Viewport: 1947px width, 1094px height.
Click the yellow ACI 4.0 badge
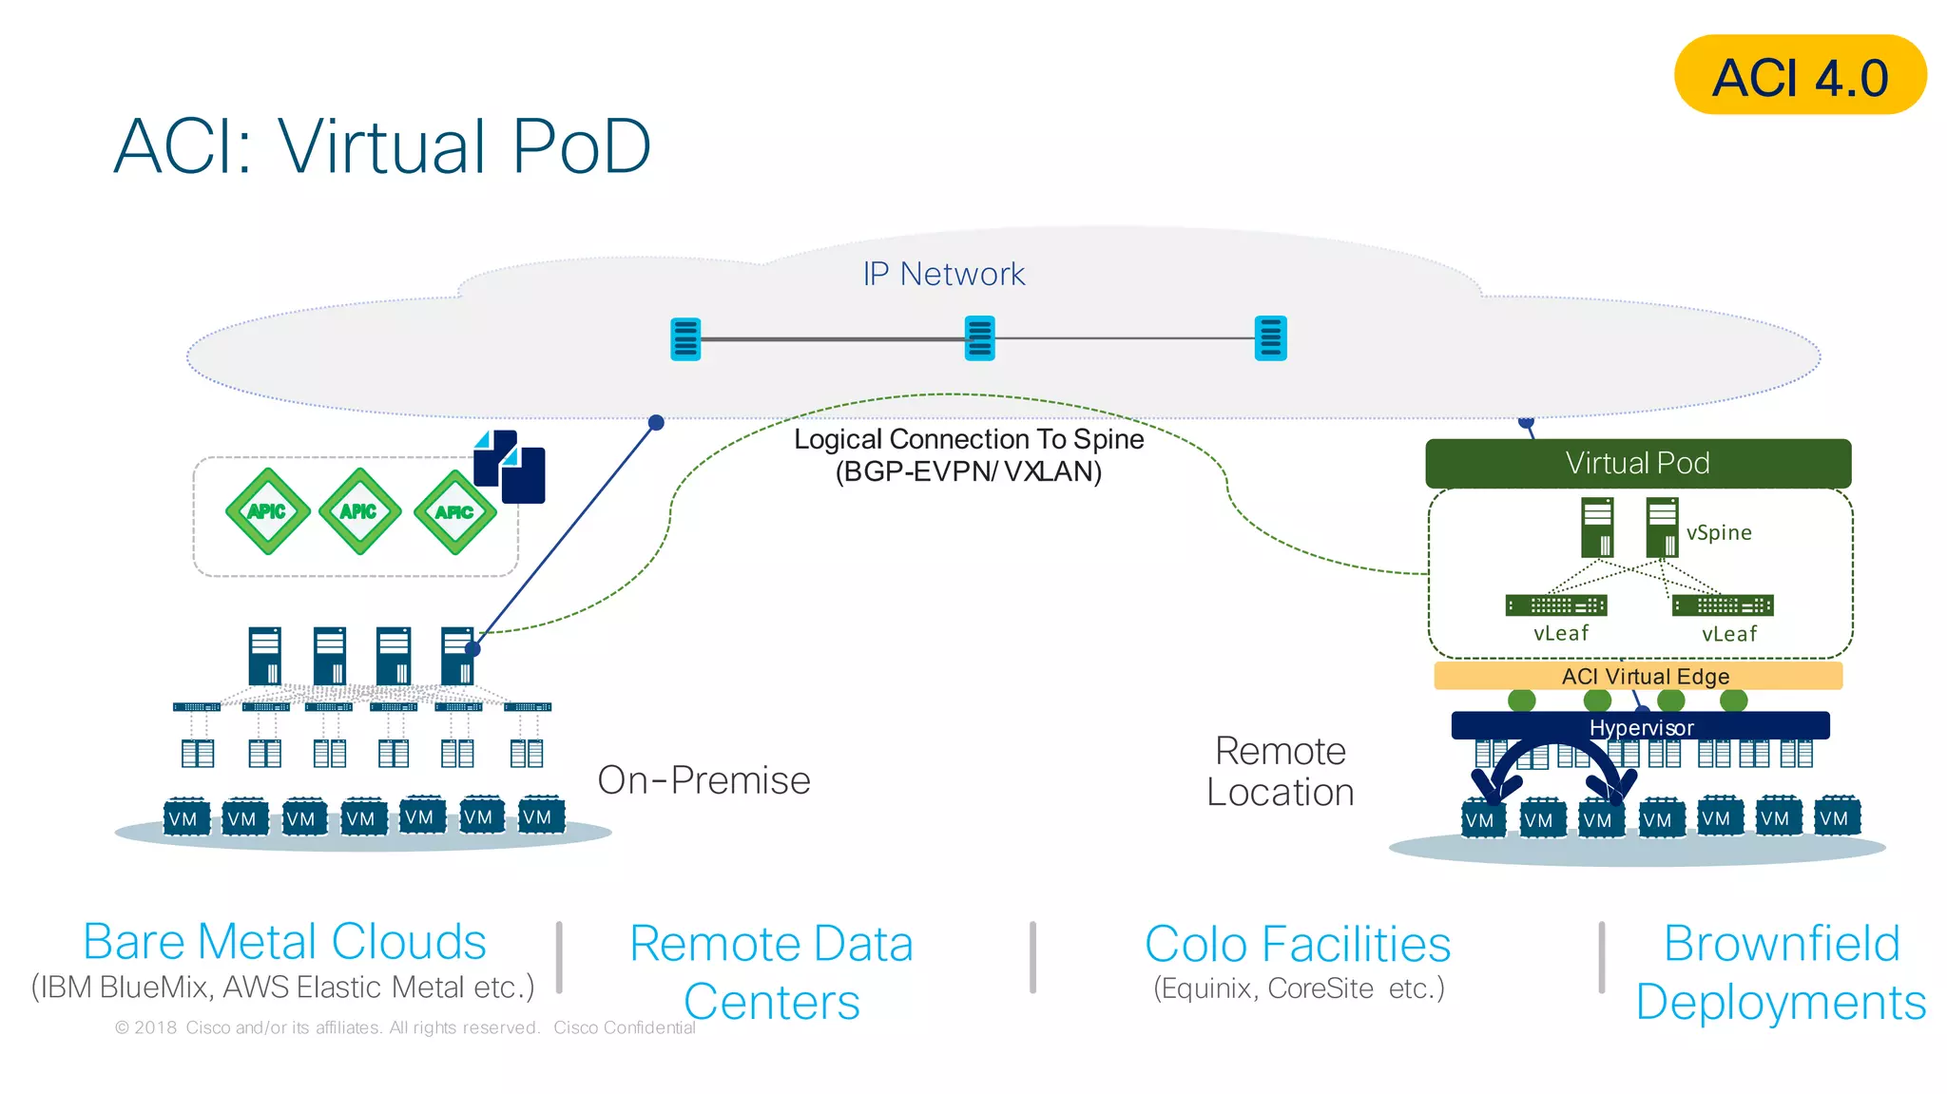pos(1800,75)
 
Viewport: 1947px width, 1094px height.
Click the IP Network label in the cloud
pos(943,274)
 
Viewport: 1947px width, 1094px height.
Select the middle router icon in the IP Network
pos(979,338)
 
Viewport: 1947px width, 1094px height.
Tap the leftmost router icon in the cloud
pos(685,338)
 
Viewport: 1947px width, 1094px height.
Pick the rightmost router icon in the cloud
pos(1270,338)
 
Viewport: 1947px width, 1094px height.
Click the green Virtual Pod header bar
pos(1637,463)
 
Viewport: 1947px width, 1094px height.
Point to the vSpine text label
pos(1718,532)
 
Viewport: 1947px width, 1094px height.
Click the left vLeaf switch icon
pos(1555,605)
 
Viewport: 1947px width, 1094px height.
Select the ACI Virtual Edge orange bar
pos(1637,676)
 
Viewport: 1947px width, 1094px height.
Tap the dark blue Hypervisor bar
pos(1640,727)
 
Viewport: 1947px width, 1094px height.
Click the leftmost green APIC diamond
pos(267,511)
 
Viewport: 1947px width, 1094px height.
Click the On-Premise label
pos(704,780)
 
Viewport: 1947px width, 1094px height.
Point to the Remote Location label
pos(1280,771)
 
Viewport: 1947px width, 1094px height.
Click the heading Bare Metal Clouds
pos(284,942)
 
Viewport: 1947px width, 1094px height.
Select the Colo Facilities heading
pos(1297,944)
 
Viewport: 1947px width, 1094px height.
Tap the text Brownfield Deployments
pos(1781,972)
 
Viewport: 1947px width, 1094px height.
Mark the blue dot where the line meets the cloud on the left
pos(656,422)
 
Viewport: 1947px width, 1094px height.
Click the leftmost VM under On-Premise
pos(185,818)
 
